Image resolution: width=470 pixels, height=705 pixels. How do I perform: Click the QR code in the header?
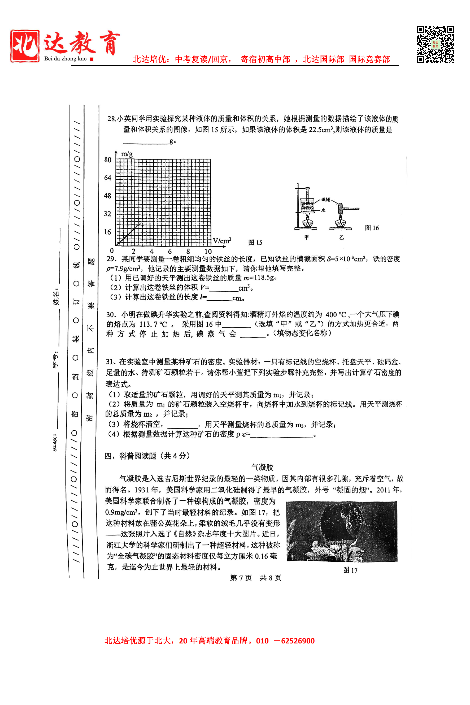pos(435,45)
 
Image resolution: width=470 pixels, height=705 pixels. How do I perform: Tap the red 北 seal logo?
pos(25,46)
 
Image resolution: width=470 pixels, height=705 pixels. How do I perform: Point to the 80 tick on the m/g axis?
pos(108,160)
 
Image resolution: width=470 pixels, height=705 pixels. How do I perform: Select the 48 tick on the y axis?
pos(108,196)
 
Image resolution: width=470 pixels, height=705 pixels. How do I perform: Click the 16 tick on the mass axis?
pos(108,232)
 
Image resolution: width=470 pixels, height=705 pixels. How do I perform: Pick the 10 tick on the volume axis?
pos(208,251)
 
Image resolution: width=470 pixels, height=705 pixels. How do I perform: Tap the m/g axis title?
pos(127,154)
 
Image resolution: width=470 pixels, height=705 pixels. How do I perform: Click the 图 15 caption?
pos(255,243)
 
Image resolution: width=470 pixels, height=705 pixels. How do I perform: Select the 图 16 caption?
pos(372,228)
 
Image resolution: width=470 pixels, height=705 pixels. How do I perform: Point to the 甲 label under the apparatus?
pos(306,237)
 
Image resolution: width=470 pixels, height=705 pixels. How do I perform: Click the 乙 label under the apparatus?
pos(341,237)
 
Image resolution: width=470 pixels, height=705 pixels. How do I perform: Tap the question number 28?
pos(111,119)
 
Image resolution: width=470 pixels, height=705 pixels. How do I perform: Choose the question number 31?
pos(110,362)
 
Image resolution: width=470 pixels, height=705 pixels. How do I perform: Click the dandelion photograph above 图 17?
pos(342,531)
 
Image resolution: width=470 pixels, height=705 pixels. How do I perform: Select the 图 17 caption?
pos(350,570)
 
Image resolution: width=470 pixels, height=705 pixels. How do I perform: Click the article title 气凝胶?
pos(262,467)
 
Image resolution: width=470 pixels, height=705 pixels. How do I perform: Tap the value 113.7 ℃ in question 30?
pos(153,324)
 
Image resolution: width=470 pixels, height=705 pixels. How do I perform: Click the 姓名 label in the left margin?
pos(56,298)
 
